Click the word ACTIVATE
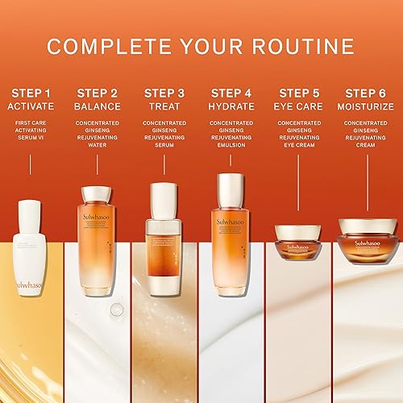(30, 106)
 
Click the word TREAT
(165, 106)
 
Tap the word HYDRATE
(233, 106)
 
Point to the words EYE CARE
(300, 106)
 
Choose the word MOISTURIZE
(368, 106)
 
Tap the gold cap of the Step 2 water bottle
(97, 194)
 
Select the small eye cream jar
(300, 242)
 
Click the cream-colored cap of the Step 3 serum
(165, 198)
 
